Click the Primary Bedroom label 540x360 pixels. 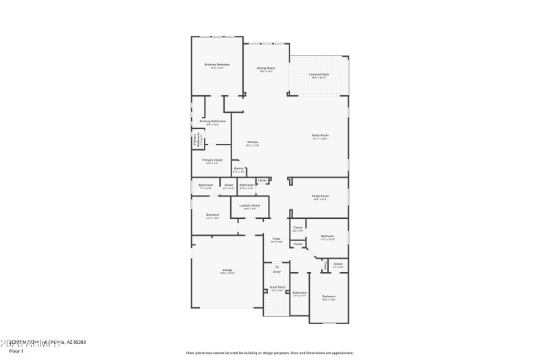pyautogui.click(x=217, y=64)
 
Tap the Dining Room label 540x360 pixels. pyautogui.click(x=266, y=68)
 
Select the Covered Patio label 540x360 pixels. pyautogui.click(x=319, y=74)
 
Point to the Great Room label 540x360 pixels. pyautogui.click(x=319, y=135)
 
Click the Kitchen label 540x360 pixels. pyautogui.click(x=252, y=142)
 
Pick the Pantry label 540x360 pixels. pyautogui.click(x=238, y=169)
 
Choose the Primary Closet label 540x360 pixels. pyautogui.click(x=212, y=160)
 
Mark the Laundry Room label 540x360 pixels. pyautogui.click(x=250, y=205)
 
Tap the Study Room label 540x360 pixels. pyautogui.click(x=319, y=197)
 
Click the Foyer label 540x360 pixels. pyautogui.click(x=276, y=238)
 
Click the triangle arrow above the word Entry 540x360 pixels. pyautogui.click(x=276, y=266)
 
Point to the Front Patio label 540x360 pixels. pyautogui.click(x=277, y=288)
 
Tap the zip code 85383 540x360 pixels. pyautogui.click(x=78, y=342)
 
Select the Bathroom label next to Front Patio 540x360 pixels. pyautogui.click(x=299, y=292)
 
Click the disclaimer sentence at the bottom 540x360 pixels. pyautogui.click(x=270, y=353)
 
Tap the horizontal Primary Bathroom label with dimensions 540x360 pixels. pyautogui.click(x=212, y=122)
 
